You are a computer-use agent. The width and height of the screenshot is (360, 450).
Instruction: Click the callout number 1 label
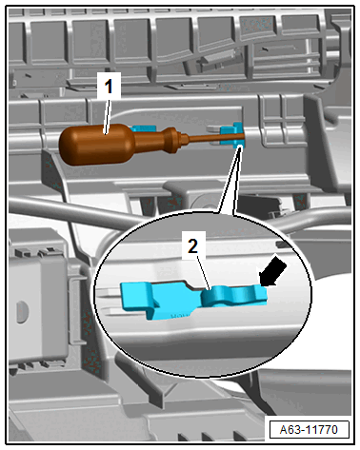pos(109,86)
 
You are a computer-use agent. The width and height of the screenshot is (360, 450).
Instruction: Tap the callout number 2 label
pos(193,245)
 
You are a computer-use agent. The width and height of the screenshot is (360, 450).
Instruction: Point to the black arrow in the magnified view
pos(272,271)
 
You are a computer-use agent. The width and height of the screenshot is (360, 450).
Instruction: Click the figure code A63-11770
pos(309,430)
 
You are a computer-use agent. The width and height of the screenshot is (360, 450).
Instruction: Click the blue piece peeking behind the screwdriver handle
pos(144,128)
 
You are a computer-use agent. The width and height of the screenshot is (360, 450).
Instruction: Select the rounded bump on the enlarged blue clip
pos(214,296)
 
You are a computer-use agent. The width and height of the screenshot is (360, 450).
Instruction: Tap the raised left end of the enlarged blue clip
pos(136,296)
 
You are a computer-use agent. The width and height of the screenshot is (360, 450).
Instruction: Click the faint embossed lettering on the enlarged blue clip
pos(178,316)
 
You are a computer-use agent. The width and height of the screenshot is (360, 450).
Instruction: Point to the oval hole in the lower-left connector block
pos(22,312)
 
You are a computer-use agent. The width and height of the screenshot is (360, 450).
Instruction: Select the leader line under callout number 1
pos(107,116)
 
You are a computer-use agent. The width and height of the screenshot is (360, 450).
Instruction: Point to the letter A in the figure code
pos(284,430)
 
